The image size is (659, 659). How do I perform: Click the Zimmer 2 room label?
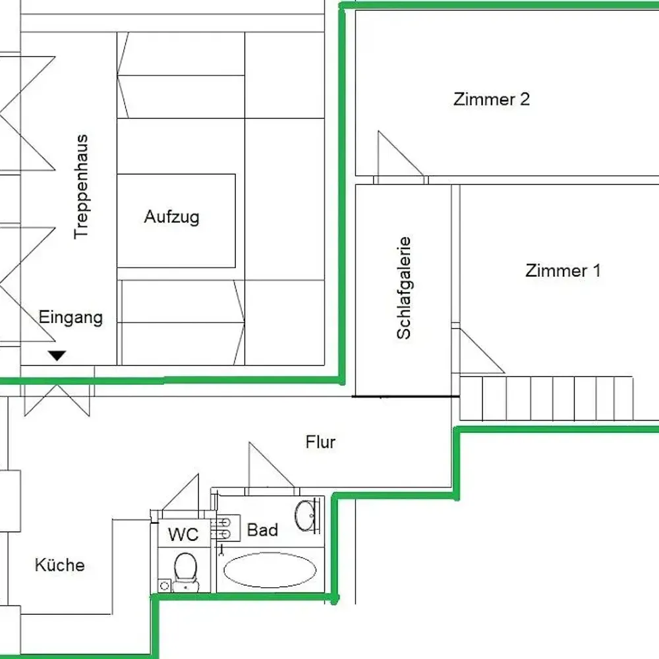(492, 100)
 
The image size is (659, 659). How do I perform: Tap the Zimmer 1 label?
(563, 270)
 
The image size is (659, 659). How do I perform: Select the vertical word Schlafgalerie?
(404, 288)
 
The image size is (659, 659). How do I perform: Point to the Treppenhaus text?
(81, 186)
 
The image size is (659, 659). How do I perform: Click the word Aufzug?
(171, 217)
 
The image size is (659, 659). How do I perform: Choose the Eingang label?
(71, 317)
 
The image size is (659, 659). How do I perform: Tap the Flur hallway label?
(320, 442)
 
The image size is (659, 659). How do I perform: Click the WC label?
(183, 534)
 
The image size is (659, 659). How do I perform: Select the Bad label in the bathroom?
(262, 530)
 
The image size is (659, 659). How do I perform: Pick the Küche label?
(59, 565)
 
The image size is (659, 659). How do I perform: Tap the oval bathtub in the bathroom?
(270, 570)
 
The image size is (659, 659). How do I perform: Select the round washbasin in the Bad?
(306, 515)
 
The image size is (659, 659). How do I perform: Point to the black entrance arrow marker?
(58, 356)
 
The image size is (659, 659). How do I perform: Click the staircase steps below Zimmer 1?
(547, 398)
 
